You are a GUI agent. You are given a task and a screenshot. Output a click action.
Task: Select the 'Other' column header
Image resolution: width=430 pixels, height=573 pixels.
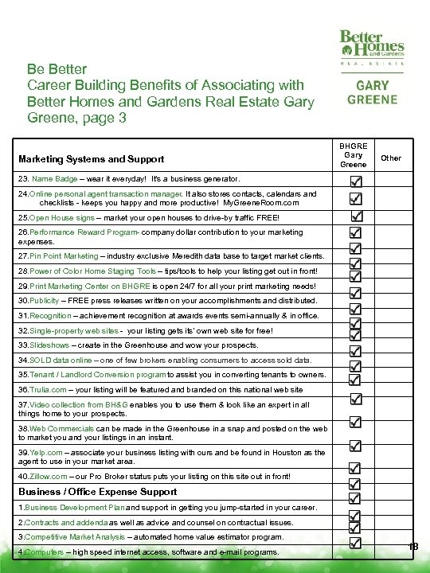click(391, 158)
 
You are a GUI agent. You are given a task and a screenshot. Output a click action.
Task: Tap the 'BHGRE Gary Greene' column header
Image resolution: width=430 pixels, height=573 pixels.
click(354, 155)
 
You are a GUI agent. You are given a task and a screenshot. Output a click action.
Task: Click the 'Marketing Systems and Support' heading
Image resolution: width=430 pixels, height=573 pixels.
click(91, 159)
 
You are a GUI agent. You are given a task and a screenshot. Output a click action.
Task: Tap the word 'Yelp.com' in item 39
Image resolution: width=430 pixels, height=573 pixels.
click(45, 451)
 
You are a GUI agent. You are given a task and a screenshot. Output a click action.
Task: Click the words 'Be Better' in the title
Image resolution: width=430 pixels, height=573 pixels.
click(57, 69)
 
